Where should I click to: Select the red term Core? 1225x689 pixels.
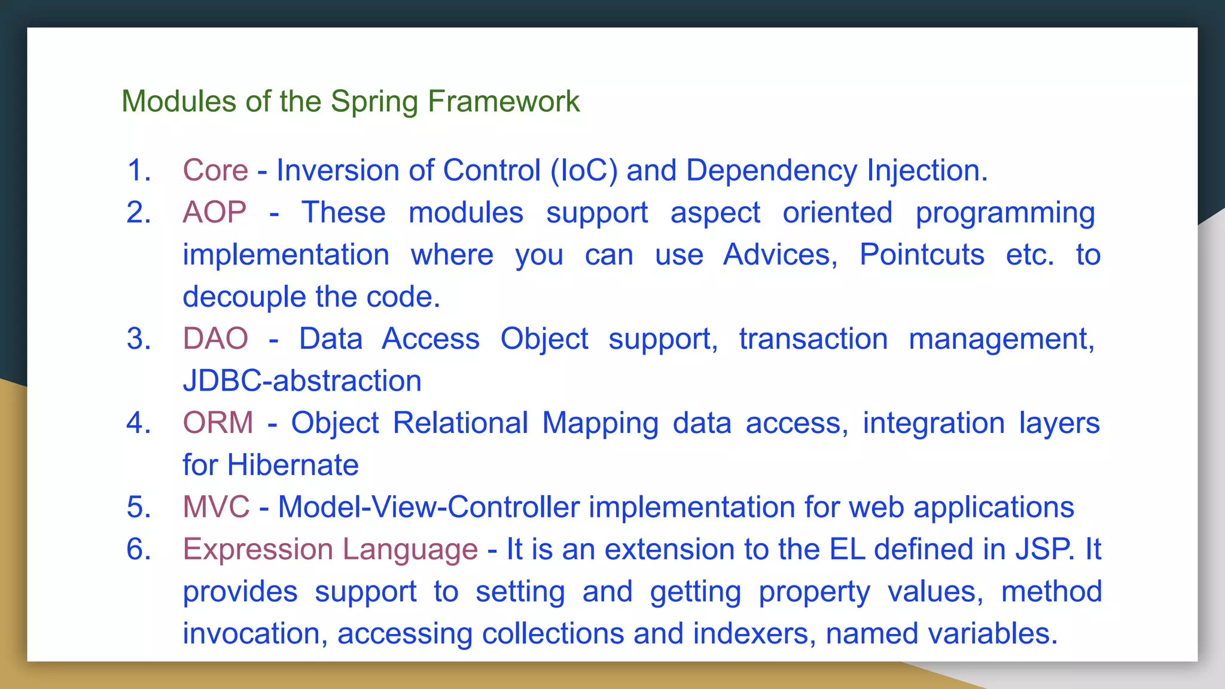(215, 170)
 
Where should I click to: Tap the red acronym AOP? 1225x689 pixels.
(214, 212)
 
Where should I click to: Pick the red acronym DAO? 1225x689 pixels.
(215, 339)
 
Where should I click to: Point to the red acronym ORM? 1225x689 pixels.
(218, 423)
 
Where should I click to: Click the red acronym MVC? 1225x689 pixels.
(216, 507)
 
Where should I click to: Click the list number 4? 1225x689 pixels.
(138, 423)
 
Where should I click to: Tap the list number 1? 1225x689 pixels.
(139, 170)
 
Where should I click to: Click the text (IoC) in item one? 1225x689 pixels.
(583, 170)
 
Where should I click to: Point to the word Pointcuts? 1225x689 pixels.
(921, 255)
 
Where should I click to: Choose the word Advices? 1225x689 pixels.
(780, 255)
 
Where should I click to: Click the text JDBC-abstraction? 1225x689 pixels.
(302, 381)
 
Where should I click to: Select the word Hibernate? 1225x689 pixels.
(292, 465)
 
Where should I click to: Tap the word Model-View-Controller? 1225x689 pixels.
(429, 507)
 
